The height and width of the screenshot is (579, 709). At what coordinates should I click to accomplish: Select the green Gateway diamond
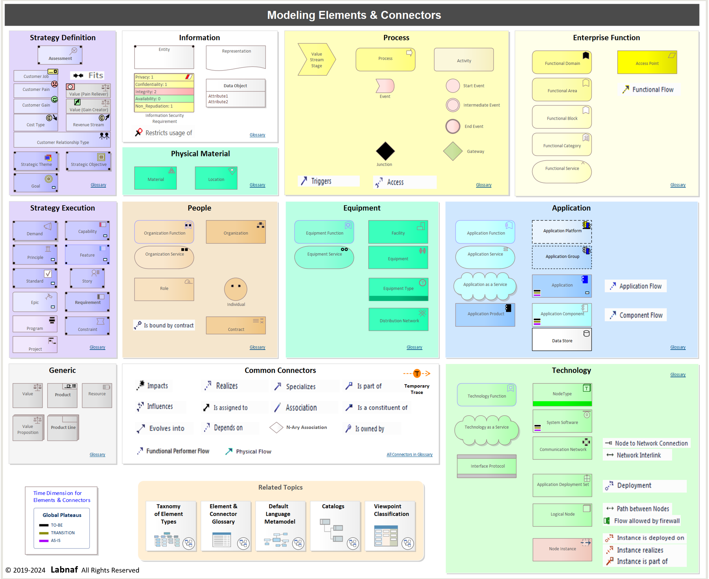tap(453, 151)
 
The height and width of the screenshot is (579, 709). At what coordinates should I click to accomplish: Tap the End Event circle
tap(453, 126)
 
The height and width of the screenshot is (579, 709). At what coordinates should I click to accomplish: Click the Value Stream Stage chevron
tap(317, 59)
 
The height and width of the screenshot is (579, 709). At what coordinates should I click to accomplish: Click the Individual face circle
tap(236, 289)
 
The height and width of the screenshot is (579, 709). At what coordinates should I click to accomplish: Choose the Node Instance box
tap(562, 549)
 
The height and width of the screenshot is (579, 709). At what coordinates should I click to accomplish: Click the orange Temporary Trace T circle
tap(417, 374)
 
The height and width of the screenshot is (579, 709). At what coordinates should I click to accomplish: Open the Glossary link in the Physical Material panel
tap(257, 185)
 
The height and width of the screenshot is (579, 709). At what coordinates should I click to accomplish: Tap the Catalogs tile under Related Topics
tap(335, 526)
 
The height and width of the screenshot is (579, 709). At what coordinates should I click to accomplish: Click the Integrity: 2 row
tap(164, 92)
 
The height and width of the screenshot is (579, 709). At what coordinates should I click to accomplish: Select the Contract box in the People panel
tap(236, 326)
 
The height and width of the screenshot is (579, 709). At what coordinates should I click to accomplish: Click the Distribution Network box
tap(398, 319)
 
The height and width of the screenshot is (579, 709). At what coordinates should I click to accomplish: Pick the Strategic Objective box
tap(88, 161)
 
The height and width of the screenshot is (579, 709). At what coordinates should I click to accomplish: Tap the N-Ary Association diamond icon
tap(276, 427)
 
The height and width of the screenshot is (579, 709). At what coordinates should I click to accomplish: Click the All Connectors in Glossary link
tap(409, 455)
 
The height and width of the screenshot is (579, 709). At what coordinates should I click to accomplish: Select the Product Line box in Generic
tap(63, 428)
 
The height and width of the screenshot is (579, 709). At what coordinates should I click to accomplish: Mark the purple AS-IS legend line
tap(44, 541)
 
